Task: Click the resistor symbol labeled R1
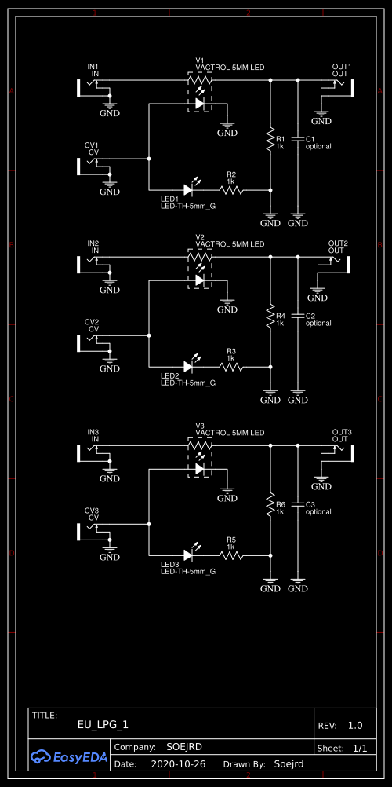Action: pos(270,141)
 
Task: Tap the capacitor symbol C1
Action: pos(297,139)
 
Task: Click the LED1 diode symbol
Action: pos(189,189)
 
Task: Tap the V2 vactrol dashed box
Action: pos(199,268)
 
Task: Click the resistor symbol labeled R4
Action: pos(270,317)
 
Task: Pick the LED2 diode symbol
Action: pos(189,366)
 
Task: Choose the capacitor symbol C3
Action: pos(297,504)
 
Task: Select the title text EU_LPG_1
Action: pos(103,726)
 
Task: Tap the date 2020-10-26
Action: pos(176,763)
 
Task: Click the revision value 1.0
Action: pos(355,726)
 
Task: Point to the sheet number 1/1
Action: pos(360,749)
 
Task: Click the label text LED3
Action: pos(170,564)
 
